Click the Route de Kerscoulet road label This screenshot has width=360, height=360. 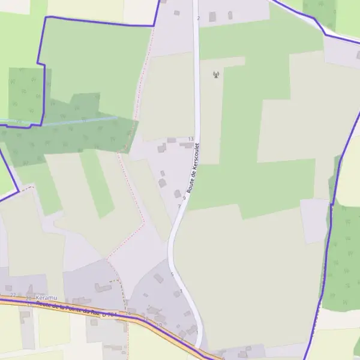point(194,167)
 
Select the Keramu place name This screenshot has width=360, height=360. point(46,298)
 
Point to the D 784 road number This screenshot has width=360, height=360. point(109,314)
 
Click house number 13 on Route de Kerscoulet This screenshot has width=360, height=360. point(191,139)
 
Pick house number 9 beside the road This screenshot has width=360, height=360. point(184,197)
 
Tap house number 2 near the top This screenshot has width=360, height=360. point(198,18)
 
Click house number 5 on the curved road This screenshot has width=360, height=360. point(172,275)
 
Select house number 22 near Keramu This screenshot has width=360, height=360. point(13,295)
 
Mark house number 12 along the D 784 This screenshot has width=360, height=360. point(146,318)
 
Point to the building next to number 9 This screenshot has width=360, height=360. point(177,194)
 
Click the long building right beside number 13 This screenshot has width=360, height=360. point(187,145)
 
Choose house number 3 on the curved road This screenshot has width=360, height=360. point(181,291)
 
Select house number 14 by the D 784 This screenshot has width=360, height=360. point(127,313)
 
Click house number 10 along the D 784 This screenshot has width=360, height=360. point(159,325)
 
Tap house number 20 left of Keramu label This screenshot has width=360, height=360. point(28,298)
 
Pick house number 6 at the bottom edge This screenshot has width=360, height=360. point(223,358)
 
